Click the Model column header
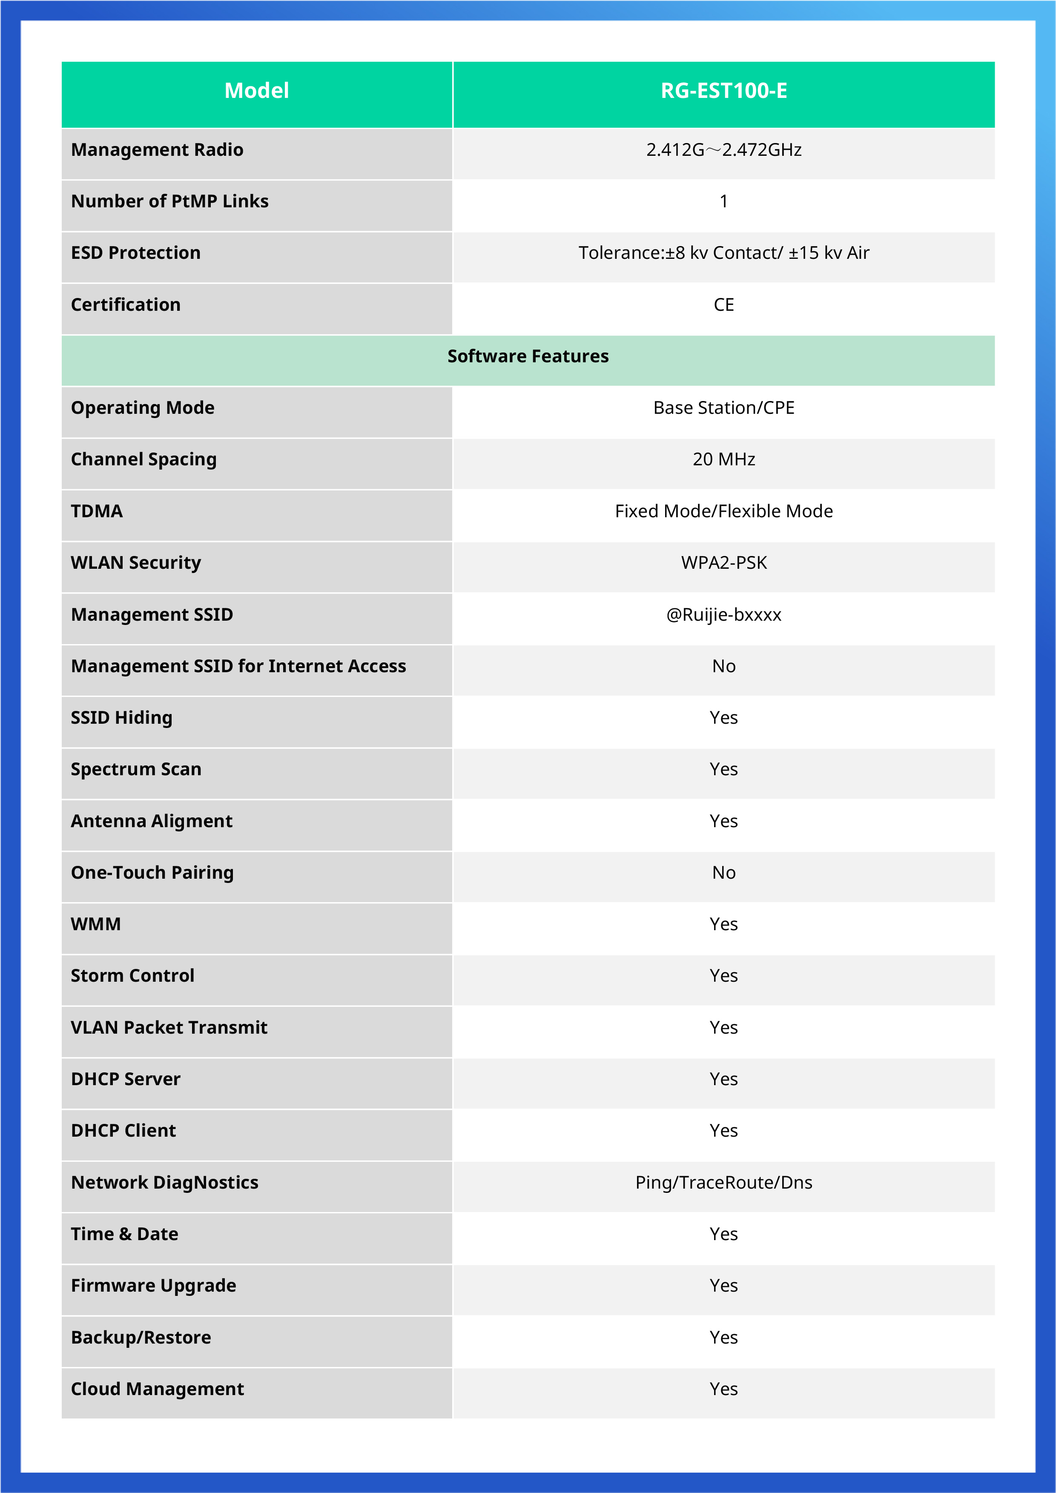256,90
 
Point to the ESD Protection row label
135,253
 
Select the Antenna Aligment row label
152,821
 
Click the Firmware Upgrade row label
153,1286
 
